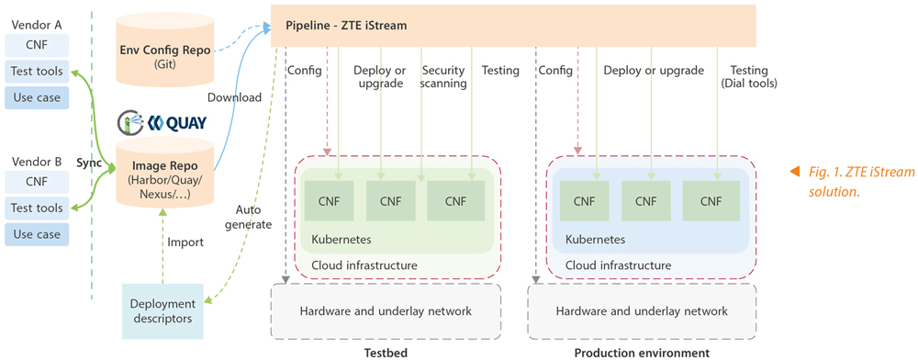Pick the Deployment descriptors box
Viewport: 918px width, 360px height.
tap(162, 310)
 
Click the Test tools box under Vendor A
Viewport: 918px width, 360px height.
tap(37, 71)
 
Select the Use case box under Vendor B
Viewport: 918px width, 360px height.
tap(37, 234)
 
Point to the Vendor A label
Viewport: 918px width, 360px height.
tap(37, 19)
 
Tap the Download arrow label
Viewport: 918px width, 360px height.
tap(235, 97)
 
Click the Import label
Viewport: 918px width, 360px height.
tap(191, 242)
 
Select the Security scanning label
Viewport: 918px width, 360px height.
tap(443, 77)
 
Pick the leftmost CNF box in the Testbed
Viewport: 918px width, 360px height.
tap(331, 200)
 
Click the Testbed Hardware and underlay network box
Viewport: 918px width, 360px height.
tap(386, 311)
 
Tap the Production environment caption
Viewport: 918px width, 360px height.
tap(642, 353)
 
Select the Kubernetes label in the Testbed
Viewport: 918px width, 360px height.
tap(341, 239)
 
